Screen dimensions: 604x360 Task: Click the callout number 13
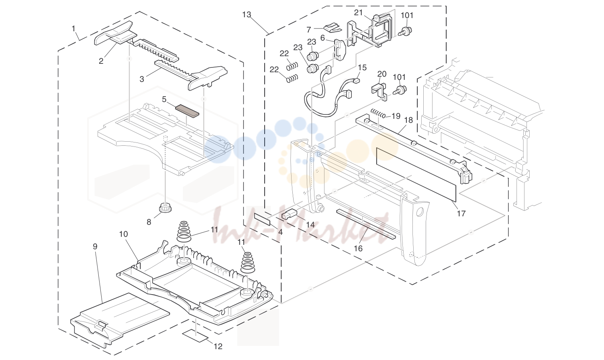[x=247, y=14]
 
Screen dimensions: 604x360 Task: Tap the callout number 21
[x=358, y=13]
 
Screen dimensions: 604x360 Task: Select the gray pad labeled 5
[x=187, y=111]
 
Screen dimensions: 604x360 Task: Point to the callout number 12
[x=218, y=346]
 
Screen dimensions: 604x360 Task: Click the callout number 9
[x=95, y=246]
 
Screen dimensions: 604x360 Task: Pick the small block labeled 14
[x=289, y=214]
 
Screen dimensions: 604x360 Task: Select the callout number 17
[x=461, y=214]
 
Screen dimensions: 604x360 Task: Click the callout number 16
[x=358, y=248]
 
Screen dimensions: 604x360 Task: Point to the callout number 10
[x=124, y=234]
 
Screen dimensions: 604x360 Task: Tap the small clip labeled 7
[x=333, y=27]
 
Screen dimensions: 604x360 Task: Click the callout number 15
[x=362, y=67]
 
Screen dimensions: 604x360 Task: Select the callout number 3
[x=141, y=79]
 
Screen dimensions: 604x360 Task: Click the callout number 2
[x=101, y=61]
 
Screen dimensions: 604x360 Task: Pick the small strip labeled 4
[x=262, y=219]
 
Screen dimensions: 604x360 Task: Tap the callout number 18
[x=409, y=120]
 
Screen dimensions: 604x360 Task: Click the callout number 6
[x=322, y=38]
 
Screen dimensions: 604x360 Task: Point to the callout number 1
[x=73, y=28]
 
